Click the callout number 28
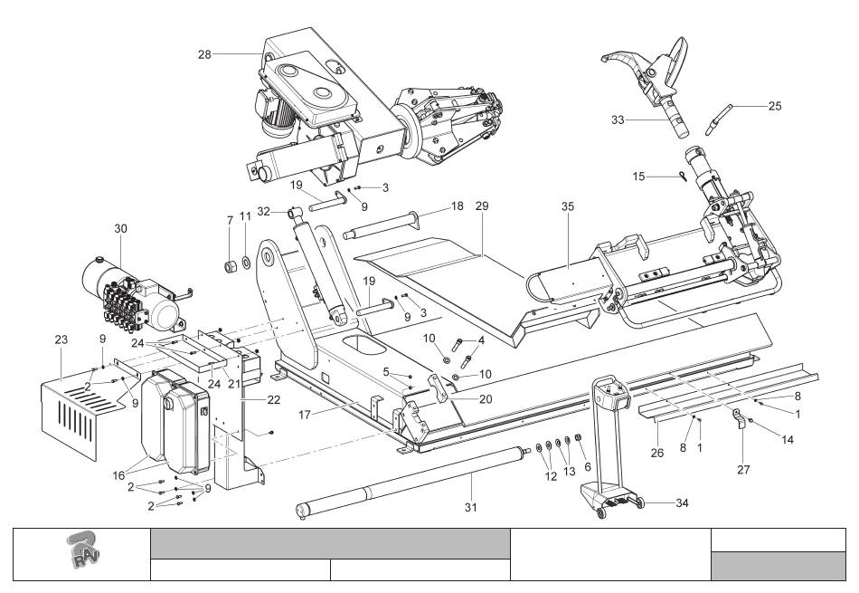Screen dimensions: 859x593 (x=204, y=54)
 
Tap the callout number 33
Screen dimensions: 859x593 (x=618, y=120)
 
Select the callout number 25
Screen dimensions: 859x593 (x=775, y=106)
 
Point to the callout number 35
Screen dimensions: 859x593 (x=568, y=206)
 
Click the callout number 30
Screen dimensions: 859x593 (x=120, y=228)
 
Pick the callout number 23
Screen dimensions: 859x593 (x=61, y=340)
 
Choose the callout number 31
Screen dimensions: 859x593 (x=470, y=507)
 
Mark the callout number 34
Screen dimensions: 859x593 (x=682, y=502)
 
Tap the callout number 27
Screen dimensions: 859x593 (x=743, y=469)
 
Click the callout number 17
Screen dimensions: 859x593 (x=305, y=415)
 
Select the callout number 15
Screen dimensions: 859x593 (x=638, y=177)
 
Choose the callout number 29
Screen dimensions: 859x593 (x=482, y=206)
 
